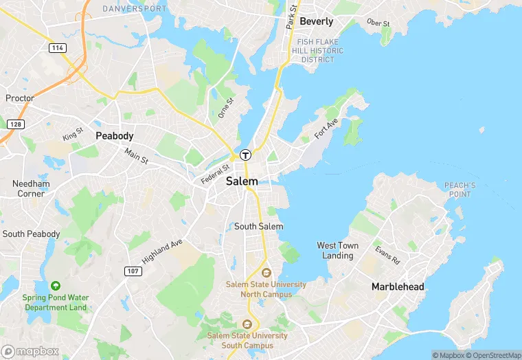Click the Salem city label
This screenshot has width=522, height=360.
242,181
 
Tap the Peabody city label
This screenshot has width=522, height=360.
114,136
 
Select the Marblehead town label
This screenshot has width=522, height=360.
398,286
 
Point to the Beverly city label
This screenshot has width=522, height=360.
317,21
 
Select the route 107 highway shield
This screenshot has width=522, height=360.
133,271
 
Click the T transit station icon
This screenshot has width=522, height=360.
245,155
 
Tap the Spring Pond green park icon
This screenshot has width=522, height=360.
55,286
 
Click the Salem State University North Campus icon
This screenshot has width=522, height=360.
266,273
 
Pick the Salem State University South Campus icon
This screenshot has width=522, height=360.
248,324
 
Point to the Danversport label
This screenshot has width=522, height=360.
134,9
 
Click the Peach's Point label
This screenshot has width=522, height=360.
459,190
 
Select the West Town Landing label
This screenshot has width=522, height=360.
337,250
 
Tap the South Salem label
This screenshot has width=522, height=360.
258,226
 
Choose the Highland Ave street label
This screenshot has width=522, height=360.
162,252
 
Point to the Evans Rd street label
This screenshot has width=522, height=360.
387,255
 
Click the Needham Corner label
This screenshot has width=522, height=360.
31,188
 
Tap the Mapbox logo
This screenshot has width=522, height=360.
30,351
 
